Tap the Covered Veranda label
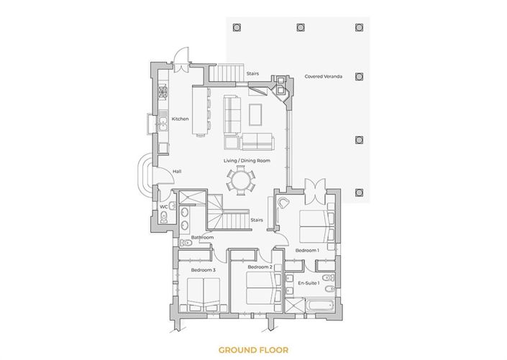point(323,75)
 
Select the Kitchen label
point(179,119)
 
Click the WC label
point(164,207)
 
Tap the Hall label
point(177,171)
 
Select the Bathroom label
point(202,237)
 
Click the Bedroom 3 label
point(203,269)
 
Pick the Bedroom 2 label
point(259,267)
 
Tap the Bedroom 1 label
point(307,250)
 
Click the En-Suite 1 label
point(308,284)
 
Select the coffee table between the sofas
point(256,113)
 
